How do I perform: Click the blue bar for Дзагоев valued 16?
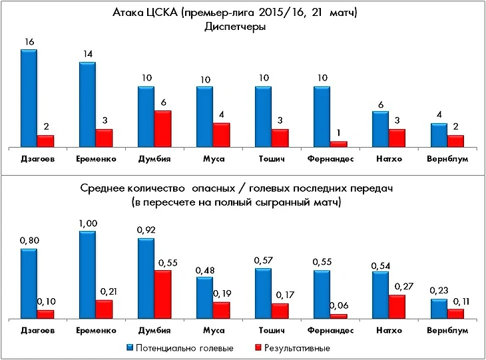29,98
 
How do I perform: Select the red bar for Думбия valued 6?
162,128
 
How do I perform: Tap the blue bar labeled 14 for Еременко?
87,104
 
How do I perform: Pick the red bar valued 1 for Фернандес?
338,144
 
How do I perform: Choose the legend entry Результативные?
296,347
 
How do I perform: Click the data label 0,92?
146,230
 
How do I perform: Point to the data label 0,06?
340,305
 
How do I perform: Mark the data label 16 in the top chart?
29,41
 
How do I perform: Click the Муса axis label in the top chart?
213,159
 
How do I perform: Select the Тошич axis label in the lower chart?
272,331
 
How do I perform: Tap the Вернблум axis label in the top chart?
447,159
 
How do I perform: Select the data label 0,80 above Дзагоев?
29,241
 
